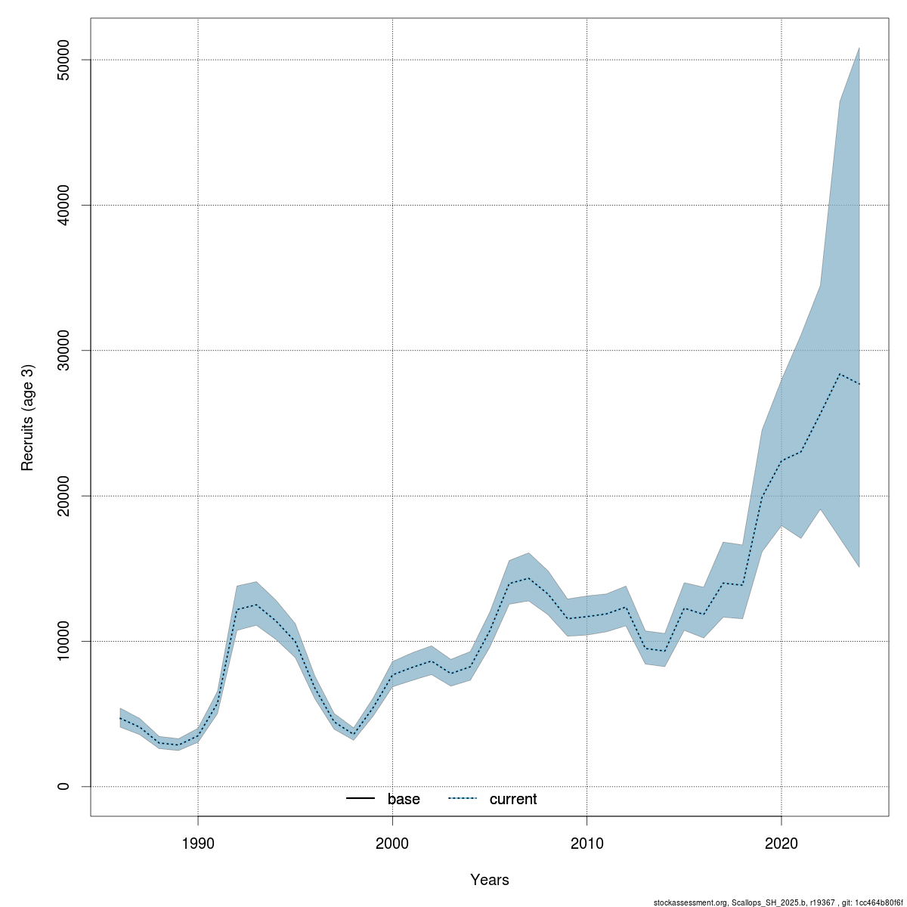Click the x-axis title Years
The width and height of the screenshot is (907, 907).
coord(490,880)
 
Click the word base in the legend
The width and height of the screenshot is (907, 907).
coord(404,799)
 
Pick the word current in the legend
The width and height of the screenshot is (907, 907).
coord(513,799)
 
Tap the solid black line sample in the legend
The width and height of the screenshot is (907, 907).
coord(361,799)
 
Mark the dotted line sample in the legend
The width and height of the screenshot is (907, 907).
coord(463,799)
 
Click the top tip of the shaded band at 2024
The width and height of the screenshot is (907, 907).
coord(859,48)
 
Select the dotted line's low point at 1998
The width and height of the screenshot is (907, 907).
coord(354,734)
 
